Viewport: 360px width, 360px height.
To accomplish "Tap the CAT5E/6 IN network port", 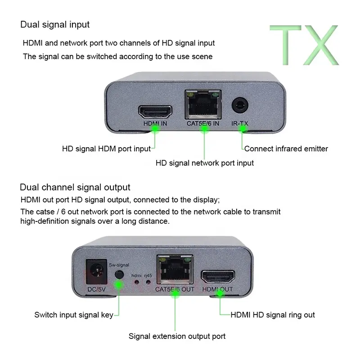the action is (203, 106).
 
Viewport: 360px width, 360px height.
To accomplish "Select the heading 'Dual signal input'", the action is (54, 24).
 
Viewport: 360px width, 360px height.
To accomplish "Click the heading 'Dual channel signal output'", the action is (75, 187).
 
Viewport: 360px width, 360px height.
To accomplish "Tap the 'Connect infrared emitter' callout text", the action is (286, 148).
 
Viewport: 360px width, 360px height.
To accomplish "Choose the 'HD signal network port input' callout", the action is (205, 163).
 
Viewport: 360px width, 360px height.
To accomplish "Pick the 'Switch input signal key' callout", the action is (74, 315).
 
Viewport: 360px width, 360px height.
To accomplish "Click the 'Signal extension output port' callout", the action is (177, 336).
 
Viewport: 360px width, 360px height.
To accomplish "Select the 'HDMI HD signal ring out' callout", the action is (273, 315).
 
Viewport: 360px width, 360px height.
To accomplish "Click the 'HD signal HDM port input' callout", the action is (106, 148).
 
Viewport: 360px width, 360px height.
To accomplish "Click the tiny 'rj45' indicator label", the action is (148, 274).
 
